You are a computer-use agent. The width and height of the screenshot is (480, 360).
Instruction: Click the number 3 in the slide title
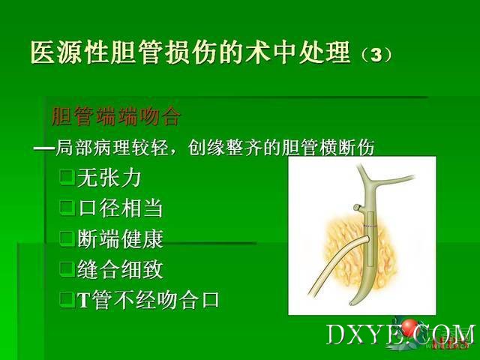(376, 55)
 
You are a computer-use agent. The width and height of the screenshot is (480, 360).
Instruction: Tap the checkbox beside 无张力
(67, 178)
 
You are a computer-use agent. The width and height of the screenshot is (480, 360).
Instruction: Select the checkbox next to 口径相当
(67, 208)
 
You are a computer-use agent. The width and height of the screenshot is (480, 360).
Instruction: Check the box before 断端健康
(67, 238)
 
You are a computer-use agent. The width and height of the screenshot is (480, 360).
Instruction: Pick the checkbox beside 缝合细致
(67, 269)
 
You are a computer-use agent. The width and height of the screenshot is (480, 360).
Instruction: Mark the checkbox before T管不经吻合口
(67, 300)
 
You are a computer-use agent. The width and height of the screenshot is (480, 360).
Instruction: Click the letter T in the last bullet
(83, 301)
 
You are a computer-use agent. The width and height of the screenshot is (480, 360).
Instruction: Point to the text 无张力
(109, 178)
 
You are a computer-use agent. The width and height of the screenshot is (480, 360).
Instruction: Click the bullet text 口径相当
(120, 208)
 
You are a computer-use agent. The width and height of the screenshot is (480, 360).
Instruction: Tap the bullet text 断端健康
(120, 238)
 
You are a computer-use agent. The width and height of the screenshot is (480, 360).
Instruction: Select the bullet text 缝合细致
(120, 269)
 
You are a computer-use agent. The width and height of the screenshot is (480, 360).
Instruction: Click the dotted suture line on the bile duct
(370, 226)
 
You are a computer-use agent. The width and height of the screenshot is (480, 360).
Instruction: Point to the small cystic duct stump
(357, 207)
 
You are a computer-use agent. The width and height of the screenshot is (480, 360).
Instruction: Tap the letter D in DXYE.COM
(337, 335)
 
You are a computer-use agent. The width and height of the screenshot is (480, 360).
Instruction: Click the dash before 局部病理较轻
(43, 148)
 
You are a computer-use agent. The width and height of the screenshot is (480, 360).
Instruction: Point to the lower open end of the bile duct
(352, 303)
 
